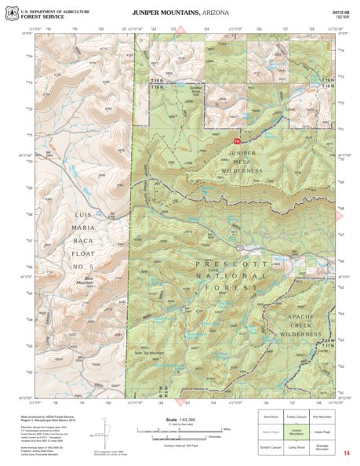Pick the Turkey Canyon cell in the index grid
(x=296, y=417)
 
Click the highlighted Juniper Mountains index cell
(x=296, y=431)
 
